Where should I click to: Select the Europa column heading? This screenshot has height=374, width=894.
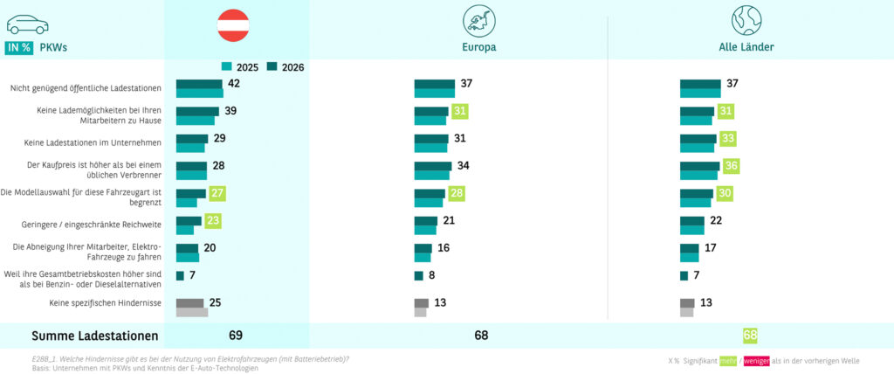(x=479, y=47)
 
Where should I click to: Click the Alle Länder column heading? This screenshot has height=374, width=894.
(x=746, y=47)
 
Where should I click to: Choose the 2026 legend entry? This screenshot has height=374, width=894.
(x=285, y=66)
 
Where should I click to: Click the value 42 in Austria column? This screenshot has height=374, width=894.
(x=233, y=84)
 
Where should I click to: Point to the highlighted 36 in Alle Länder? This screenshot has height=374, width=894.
(x=732, y=166)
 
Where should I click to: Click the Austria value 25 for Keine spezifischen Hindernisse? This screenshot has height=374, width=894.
(x=215, y=302)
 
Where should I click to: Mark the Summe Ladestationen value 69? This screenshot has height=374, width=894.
(x=235, y=336)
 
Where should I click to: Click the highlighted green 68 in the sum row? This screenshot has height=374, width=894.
(x=750, y=336)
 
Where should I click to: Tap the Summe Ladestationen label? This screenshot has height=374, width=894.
(x=95, y=336)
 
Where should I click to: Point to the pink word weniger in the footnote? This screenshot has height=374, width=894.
(x=756, y=360)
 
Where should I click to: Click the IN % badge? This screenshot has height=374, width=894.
(x=18, y=48)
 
